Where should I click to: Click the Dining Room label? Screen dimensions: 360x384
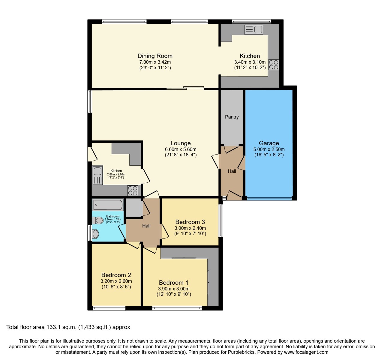click(155, 56)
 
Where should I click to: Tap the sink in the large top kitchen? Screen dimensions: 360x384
click(254, 30)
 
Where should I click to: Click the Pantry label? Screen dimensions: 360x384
click(232, 117)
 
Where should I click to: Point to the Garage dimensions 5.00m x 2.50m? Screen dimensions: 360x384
click(269, 149)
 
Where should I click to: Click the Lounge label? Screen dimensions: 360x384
click(181, 143)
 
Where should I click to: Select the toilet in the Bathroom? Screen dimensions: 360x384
click(97, 221)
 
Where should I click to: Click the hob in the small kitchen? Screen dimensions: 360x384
click(133, 190)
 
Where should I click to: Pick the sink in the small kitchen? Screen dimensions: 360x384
click(97, 175)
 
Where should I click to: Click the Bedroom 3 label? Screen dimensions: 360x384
click(190, 222)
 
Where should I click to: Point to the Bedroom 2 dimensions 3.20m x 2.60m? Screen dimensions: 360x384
click(116, 281)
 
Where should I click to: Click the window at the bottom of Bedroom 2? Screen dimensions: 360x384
click(109, 308)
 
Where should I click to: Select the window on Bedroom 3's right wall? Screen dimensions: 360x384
click(220, 221)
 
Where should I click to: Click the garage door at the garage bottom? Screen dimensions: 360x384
click(269, 198)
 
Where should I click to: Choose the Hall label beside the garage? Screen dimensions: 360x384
click(232, 171)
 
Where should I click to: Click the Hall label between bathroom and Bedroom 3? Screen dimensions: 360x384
click(146, 226)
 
